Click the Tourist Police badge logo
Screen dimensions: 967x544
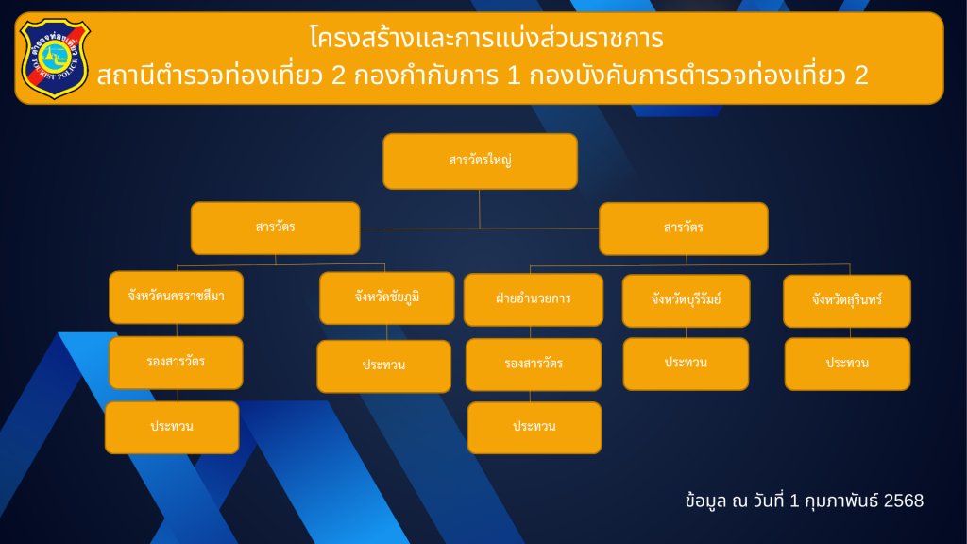(55, 58)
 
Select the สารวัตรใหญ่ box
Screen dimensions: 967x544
(480, 161)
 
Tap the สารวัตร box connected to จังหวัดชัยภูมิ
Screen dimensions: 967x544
(275, 228)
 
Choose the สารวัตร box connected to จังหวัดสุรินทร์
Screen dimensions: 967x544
(684, 229)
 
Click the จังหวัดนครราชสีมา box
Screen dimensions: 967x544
(176, 297)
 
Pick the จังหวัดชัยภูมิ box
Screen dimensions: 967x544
(386, 297)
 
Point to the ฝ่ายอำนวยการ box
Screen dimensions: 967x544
(533, 299)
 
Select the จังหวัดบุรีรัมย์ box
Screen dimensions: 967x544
(686, 301)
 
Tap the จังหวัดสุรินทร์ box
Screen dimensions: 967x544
(847, 301)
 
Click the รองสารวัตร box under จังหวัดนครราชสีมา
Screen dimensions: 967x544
(176, 363)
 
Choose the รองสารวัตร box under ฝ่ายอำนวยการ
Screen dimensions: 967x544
(534, 365)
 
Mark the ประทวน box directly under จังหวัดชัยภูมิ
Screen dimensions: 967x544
(383, 366)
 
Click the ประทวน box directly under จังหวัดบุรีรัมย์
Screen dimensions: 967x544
(686, 364)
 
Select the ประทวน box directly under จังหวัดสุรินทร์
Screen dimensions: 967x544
(847, 364)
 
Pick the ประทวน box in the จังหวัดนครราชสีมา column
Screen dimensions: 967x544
(172, 428)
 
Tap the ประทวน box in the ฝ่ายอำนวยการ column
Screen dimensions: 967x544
(534, 428)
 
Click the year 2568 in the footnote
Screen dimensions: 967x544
(904, 501)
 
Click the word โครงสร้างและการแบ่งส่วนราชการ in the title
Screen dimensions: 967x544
(486, 38)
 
